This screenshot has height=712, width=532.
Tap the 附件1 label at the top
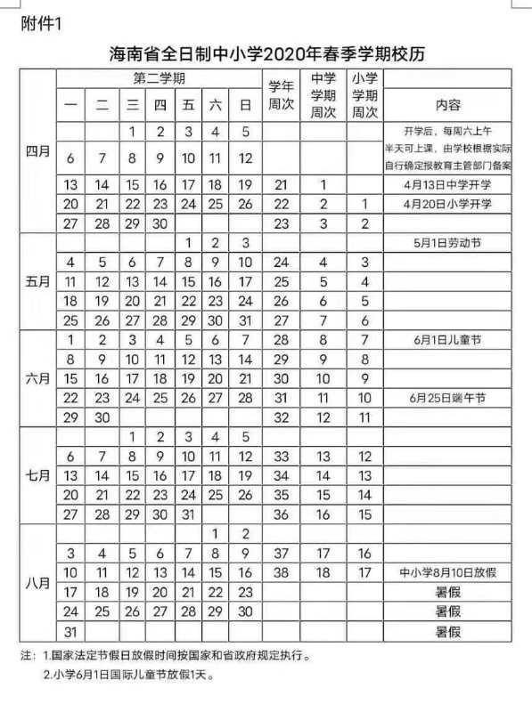[x=42, y=21]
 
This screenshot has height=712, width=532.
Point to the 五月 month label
[x=37, y=280]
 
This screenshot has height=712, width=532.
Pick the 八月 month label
[x=37, y=587]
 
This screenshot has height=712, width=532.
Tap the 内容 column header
[x=447, y=104]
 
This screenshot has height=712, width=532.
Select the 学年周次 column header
[x=282, y=95]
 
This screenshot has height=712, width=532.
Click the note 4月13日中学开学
[x=447, y=185]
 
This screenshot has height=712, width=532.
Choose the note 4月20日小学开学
[x=447, y=205]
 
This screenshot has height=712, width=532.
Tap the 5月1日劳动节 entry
[x=447, y=243]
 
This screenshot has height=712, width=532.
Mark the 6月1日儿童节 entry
[x=447, y=340]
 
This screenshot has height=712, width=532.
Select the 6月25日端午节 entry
[x=447, y=397]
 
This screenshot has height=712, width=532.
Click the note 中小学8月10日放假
[x=447, y=572]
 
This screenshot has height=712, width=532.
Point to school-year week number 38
[x=282, y=572]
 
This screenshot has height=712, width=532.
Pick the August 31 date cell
[x=72, y=631]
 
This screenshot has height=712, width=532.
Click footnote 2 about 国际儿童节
[x=129, y=675]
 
